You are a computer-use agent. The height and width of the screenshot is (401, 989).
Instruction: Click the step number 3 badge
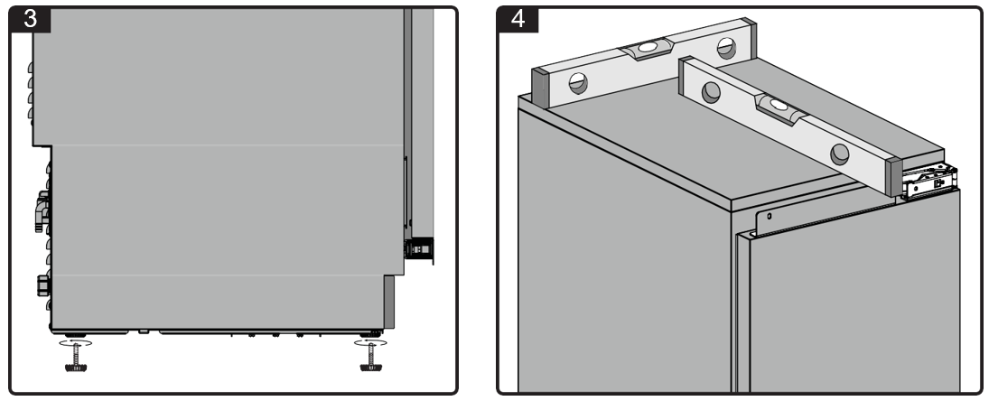point(31,20)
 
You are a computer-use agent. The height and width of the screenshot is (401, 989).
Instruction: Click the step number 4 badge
point(518,20)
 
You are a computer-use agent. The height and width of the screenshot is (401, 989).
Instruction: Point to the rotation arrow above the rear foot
point(75,342)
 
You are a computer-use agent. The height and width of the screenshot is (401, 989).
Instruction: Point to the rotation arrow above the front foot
point(370,342)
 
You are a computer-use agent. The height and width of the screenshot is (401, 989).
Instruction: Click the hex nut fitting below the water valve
point(43,285)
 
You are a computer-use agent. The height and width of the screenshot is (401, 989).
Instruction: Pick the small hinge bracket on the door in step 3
point(419,249)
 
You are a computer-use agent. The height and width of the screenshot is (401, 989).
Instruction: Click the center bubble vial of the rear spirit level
point(647,49)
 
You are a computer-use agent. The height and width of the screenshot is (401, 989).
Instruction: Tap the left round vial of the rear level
point(578,82)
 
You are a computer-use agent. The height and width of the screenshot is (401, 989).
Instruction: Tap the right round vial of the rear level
point(726,48)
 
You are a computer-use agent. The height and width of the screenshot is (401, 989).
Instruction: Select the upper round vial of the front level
point(711,92)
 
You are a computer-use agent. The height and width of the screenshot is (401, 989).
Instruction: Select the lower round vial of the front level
point(839,154)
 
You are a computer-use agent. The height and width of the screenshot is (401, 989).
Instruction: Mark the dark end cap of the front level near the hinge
point(894,176)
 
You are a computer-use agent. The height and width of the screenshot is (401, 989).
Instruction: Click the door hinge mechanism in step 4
point(930,181)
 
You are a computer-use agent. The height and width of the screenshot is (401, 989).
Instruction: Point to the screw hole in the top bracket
point(769,216)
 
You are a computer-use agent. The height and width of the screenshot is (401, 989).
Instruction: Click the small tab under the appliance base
point(144,331)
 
